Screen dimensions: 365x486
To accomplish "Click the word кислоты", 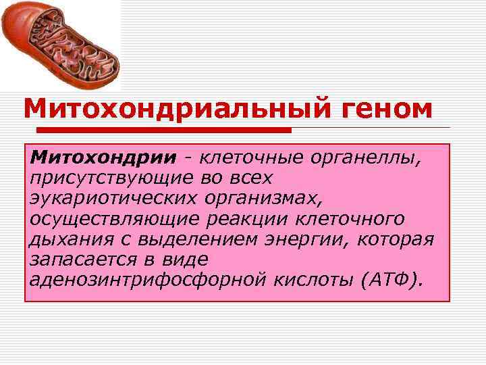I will (317, 278).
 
